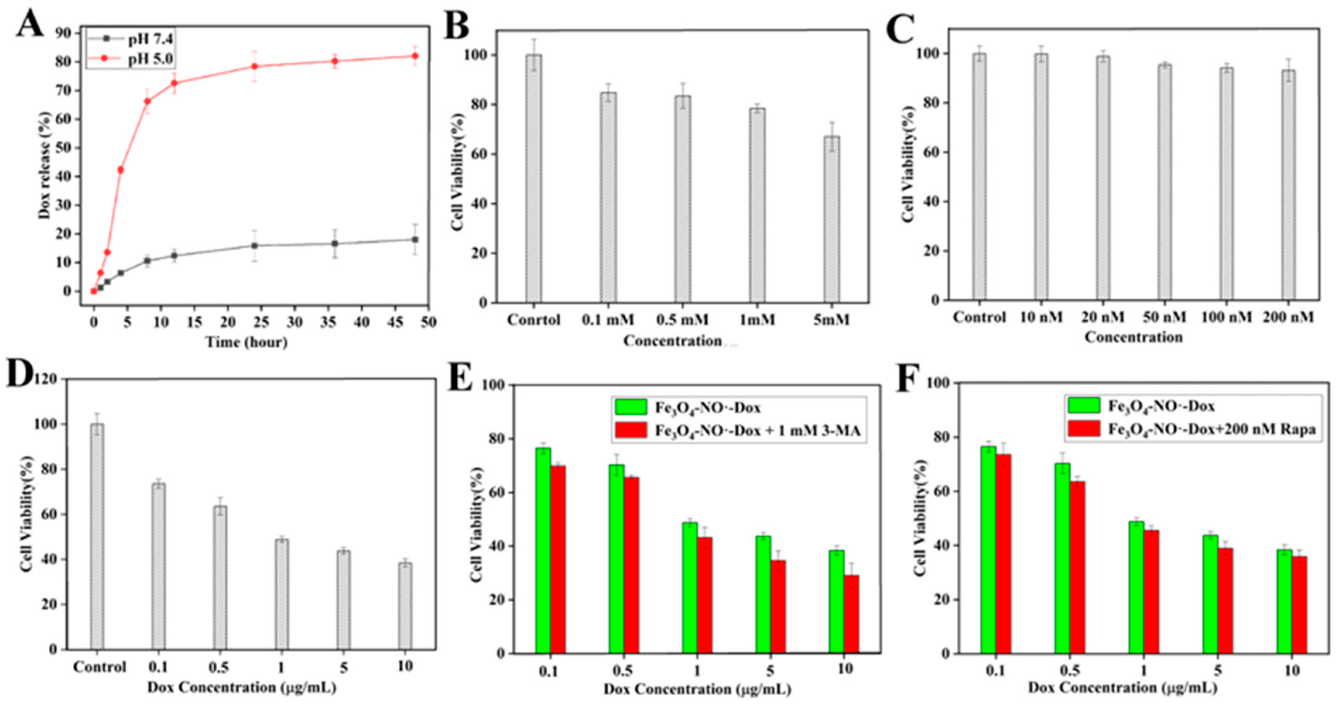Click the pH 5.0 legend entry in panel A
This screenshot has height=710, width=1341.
(151, 59)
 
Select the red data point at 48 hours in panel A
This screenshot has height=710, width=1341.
(415, 56)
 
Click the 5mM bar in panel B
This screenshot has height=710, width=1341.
(832, 219)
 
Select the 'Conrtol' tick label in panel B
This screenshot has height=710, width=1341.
(534, 319)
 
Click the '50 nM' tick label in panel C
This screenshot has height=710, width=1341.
(1165, 317)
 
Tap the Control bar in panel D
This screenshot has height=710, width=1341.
(97, 536)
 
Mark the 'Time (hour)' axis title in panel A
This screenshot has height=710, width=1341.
(246, 342)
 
